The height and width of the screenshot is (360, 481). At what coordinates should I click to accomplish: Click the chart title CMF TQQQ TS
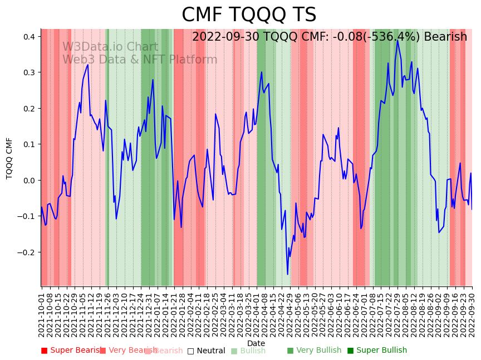click(249, 15)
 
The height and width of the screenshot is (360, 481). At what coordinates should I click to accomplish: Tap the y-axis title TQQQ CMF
click(9, 158)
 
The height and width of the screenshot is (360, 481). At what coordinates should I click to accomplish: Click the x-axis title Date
click(256, 343)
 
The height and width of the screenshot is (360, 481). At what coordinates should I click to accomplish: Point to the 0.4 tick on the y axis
click(30, 37)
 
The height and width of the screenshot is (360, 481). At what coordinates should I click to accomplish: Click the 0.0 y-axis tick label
click(30, 180)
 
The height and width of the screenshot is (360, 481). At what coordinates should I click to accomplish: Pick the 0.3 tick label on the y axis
click(30, 72)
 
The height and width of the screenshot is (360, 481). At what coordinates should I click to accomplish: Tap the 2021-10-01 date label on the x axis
click(42, 313)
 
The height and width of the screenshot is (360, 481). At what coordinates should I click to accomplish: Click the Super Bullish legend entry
click(377, 351)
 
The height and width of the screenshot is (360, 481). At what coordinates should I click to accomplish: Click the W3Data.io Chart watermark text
click(110, 47)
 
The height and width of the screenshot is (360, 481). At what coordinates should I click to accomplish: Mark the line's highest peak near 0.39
click(397, 40)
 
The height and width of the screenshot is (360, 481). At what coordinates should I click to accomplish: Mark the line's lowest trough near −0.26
click(288, 274)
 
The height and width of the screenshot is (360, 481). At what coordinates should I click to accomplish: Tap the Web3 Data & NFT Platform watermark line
click(140, 60)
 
